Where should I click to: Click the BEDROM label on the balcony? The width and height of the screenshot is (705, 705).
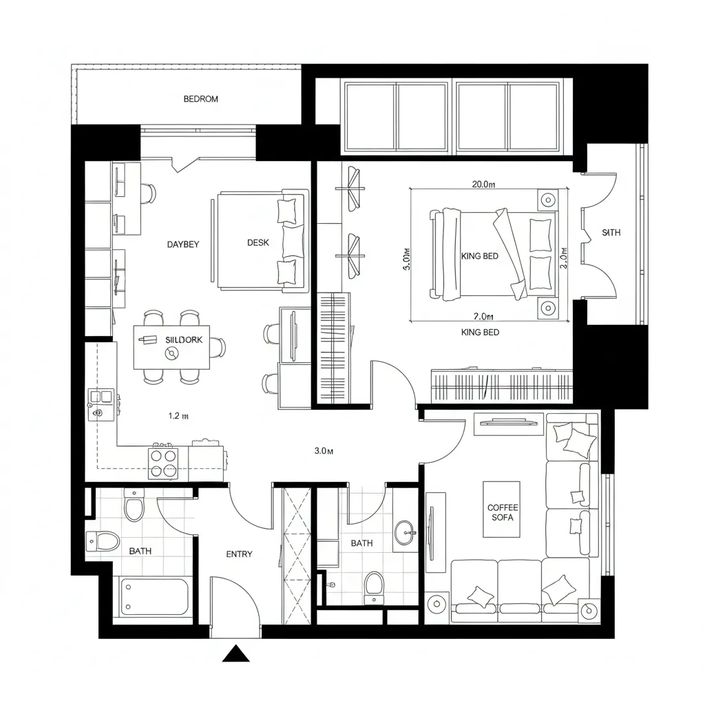point(200,99)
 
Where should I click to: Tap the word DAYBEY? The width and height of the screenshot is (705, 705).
point(183,244)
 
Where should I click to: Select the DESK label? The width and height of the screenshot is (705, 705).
point(258,243)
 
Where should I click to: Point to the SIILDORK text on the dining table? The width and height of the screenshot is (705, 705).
point(185,340)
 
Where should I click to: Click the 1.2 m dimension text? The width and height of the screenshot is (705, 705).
point(178,416)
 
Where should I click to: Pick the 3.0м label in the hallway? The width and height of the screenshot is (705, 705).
point(324,452)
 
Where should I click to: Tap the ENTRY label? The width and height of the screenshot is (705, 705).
point(239,554)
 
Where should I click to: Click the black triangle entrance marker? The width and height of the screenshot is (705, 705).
point(235,654)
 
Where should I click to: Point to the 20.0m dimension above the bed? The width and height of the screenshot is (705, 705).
point(483,185)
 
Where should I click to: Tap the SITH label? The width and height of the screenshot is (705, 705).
point(611,233)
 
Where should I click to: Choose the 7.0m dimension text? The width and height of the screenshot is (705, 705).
point(483,317)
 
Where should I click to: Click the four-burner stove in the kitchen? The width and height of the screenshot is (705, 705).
point(164,463)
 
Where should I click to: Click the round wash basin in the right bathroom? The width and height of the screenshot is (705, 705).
point(406,532)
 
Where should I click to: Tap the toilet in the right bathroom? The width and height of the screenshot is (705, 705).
point(374,587)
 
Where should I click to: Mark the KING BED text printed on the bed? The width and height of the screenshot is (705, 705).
point(480,256)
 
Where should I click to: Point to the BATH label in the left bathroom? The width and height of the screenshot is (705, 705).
point(140,551)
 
